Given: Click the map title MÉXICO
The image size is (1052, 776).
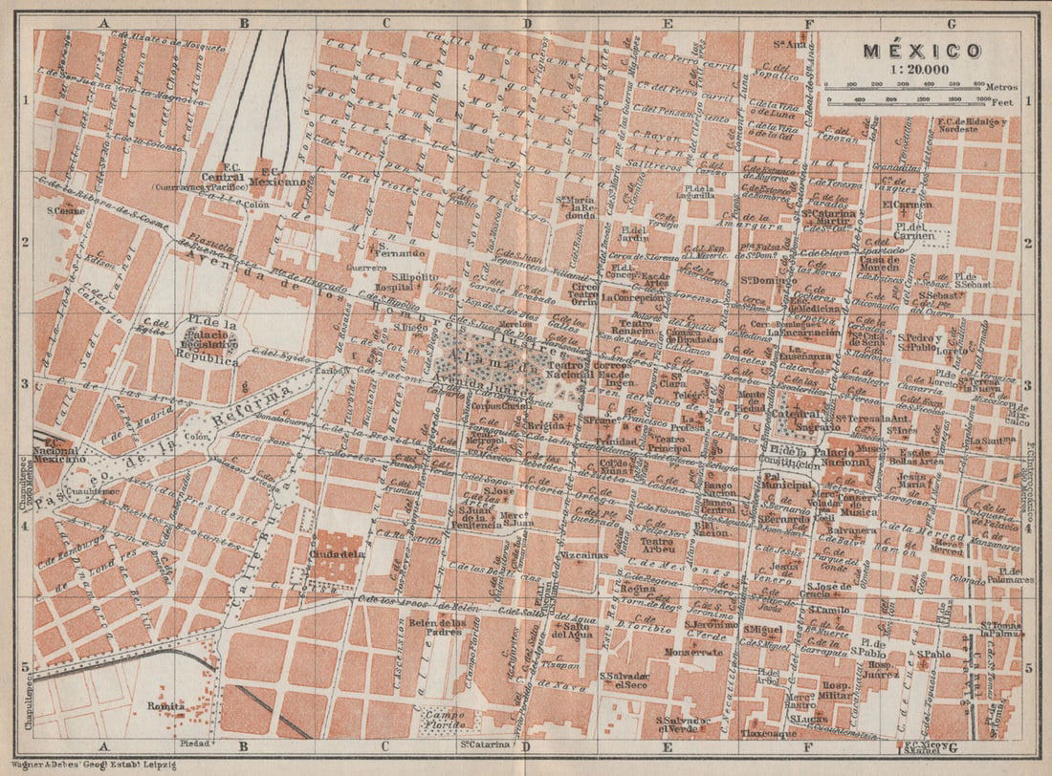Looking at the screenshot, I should click(923, 51).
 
